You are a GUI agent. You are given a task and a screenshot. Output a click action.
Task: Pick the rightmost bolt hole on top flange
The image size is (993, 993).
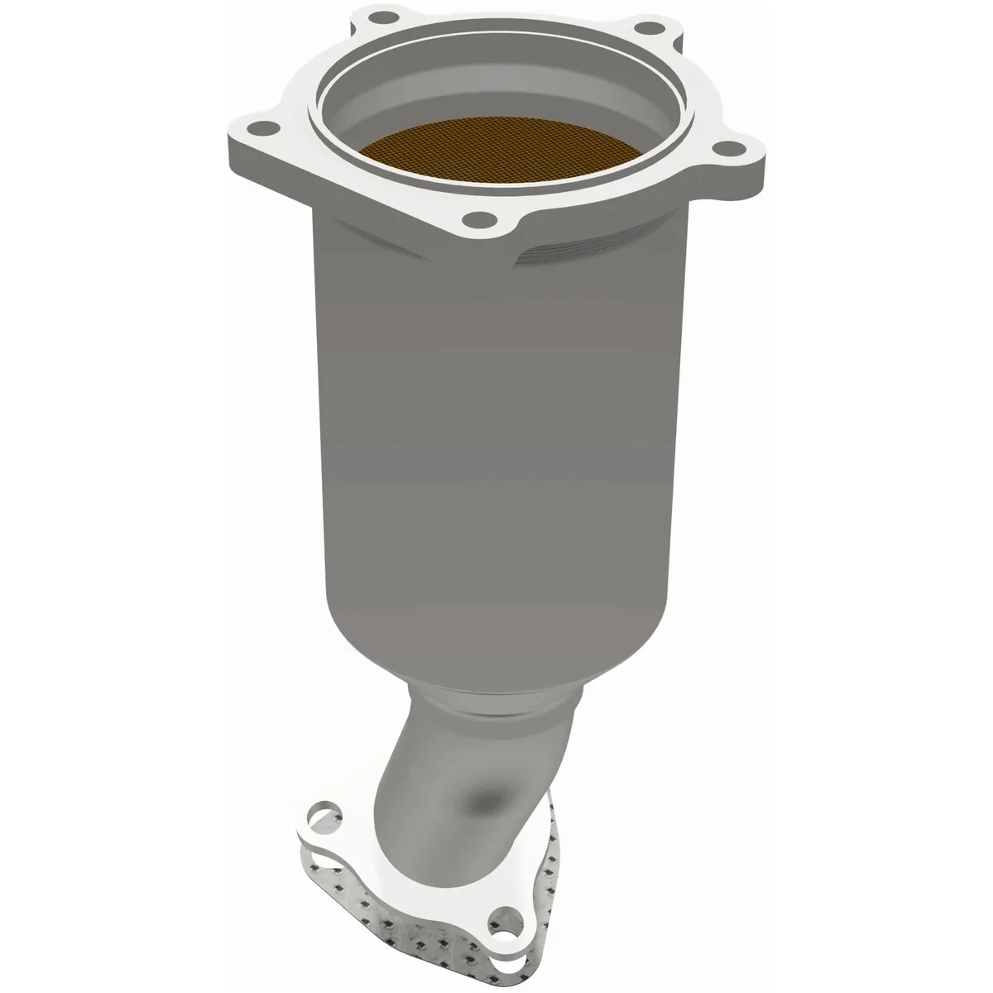pyautogui.click(x=726, y=149)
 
